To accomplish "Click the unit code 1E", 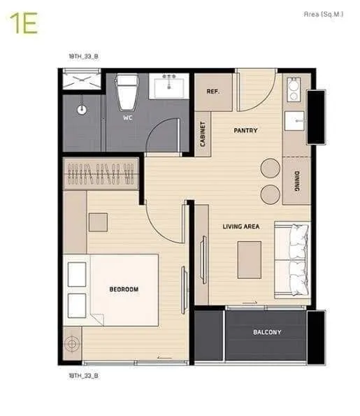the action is [24, 23].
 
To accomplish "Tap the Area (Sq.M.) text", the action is [324, 14].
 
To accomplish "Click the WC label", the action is [128, 117].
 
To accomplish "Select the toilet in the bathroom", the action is [127, 92].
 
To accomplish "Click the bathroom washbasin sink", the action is [169, 86].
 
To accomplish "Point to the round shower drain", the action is [82, 110].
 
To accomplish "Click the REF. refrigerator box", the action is [213, 92].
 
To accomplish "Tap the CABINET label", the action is [203, 134].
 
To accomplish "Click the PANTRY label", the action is [245, 131].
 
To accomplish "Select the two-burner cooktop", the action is [294, 89].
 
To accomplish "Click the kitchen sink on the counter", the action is [294, 121].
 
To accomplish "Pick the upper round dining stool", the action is [270, 168].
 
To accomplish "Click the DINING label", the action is [297, 181].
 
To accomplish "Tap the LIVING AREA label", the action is [241, 227].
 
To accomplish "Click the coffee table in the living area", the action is [250, 260].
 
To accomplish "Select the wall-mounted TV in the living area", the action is [203, 260].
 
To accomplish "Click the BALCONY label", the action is [267, 332].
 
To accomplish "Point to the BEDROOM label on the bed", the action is [124, 289].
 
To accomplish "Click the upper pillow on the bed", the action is [77, 274].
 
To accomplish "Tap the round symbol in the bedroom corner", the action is [71, 343].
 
